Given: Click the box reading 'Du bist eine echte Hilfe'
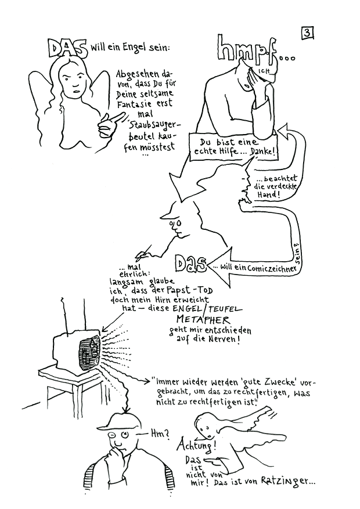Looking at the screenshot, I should click(x=235, y=147).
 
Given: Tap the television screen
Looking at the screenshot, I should click(x=89, y=352).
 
